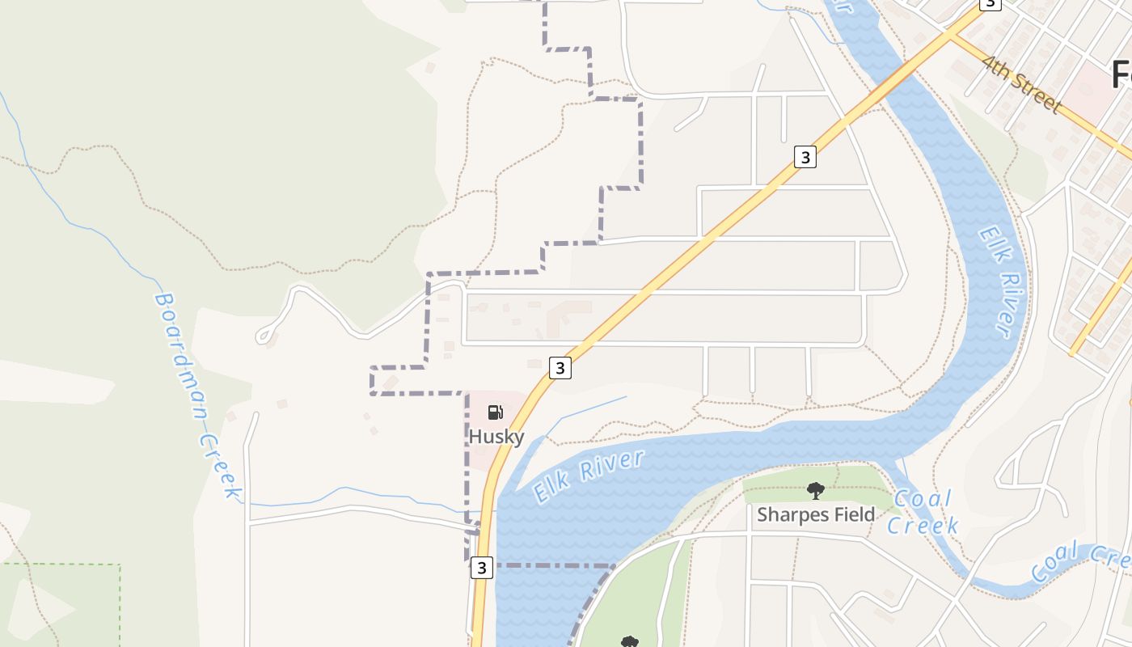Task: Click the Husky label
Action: pos(496,437)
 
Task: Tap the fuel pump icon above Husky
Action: pos(495,413)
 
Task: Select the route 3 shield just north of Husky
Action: pos(560,368)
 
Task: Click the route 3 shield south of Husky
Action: pos(482,568)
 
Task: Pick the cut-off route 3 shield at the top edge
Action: pos(990,4)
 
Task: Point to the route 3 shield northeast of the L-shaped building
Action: pos(805,157)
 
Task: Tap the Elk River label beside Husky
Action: pos(589,476)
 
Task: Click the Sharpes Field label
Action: pos(815,515)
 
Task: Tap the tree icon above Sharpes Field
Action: pos(815,490)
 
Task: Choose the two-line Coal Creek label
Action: pos(923,512)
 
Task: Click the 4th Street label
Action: pos(1020,84)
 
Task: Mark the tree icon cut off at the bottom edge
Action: pos(629,642)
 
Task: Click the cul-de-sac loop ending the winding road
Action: pos(263,336)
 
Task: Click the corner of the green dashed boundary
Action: pos(120,565)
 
